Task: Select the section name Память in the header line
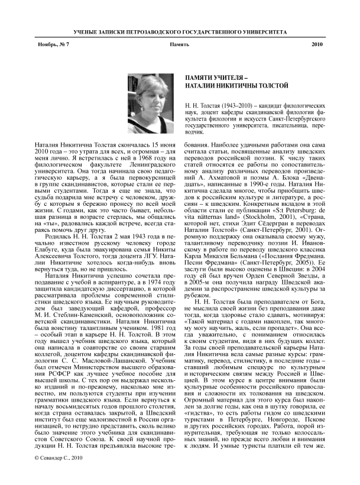coord(180,45)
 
